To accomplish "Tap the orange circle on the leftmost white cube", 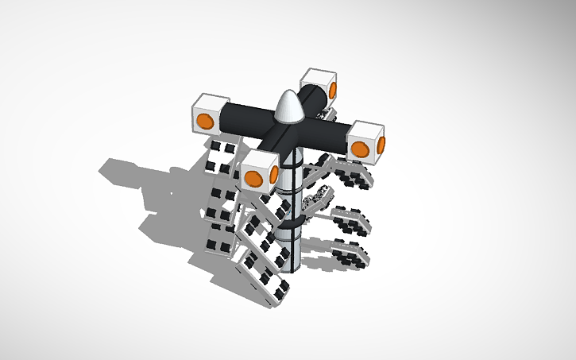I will (x=205, y=121).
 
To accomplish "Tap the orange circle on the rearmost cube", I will (x=333, y=89).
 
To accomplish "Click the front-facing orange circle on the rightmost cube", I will (x=360, y=149).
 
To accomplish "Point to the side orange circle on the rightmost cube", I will (x=381, y=145).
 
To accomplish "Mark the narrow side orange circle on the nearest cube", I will (x=274, y=175).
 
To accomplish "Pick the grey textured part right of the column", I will (x=318, y=199).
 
